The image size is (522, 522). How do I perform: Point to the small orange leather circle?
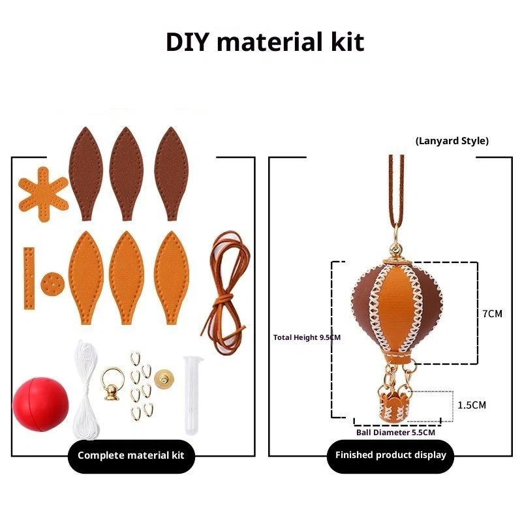point(50,284)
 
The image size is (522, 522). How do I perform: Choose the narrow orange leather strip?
point(28,277)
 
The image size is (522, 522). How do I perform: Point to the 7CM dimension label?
point(492,314)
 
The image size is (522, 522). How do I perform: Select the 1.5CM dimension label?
point(472,405)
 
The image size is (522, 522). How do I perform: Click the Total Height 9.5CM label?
point(307,337)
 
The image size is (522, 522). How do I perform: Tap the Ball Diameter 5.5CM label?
point(395,432)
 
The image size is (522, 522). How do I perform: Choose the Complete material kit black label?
point(131,455)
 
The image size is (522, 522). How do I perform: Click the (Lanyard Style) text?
point(452,140)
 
